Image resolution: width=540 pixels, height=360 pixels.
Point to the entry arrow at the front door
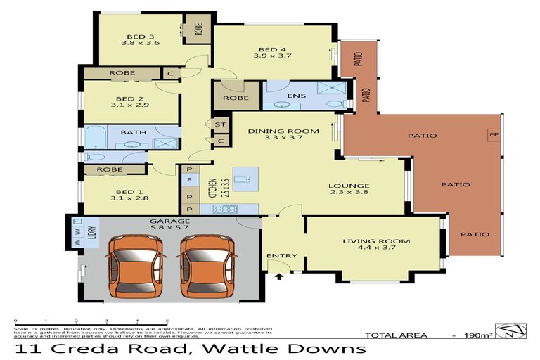[280, 278]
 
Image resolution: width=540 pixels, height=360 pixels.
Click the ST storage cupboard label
[220, 124]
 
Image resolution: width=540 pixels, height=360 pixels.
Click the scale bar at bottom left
[91, 322]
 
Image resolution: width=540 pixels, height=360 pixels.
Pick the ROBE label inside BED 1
[110, 169]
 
